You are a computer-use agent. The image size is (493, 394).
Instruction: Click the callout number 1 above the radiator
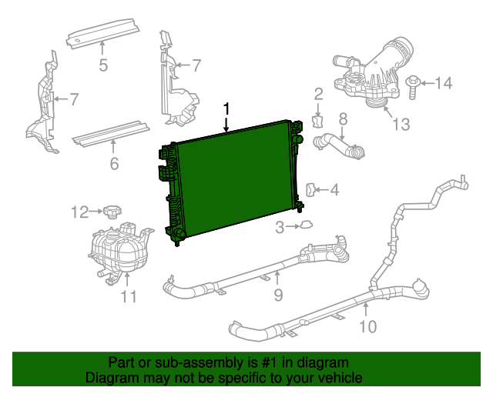pos(226,109)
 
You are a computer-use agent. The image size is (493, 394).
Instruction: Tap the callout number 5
pos(104,65)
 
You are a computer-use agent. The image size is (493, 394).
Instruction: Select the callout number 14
pos(445,82)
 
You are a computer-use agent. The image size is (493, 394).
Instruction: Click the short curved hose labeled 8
pos(339,145)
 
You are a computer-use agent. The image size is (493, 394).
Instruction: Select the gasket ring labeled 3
pos(306,225)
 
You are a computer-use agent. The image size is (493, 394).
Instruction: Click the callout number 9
pos(278,294)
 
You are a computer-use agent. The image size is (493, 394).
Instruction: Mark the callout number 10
pos(367,326)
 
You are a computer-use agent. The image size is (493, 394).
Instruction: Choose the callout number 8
pos(344,119)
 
